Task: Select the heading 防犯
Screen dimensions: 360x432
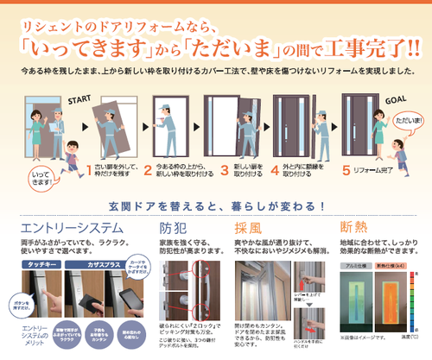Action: (x=175, y=229)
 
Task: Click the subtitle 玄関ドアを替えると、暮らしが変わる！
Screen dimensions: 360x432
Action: (x=215, y=208)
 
